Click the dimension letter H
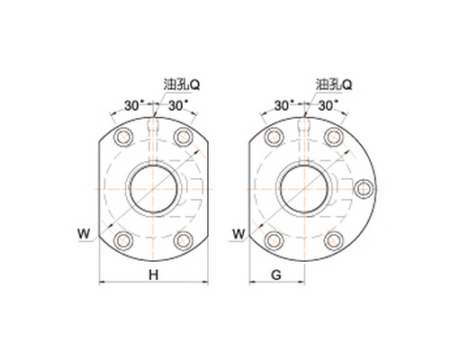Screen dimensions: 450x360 click(154, 274)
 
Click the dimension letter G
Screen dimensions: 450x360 click(276, 274)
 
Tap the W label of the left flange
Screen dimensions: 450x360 click(84, 234)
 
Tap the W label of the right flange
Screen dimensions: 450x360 click(238, 234)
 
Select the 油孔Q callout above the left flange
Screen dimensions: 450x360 click(182, 85)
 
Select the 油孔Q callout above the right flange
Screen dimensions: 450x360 click(334, 85)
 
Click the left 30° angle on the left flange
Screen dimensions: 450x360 click(132, 105)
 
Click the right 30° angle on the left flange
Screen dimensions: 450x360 click(178, 105)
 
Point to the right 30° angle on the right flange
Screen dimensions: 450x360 click(328, 105)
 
